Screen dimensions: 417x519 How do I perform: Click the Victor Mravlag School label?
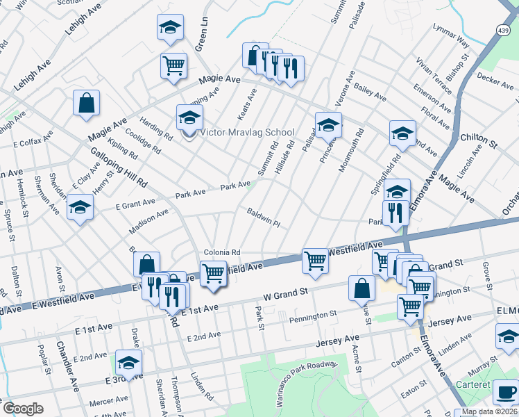[x=247, y=133]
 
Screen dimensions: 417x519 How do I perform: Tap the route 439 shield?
[x=504, y=30]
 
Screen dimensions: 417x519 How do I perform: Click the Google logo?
[x=23, y=409]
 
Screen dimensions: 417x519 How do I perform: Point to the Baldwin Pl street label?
[x=263, y=218]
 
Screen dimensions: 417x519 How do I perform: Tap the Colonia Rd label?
[x=221, y=252]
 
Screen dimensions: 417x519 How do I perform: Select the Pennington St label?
[x=314, y=316]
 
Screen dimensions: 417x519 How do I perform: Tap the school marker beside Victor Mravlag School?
[x=189, y=118]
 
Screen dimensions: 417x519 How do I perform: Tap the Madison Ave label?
[x=149, y=222]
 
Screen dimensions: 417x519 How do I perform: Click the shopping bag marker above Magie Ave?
[x=87, y=104]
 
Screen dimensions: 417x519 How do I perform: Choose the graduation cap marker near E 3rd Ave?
[x=128, y=362]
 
